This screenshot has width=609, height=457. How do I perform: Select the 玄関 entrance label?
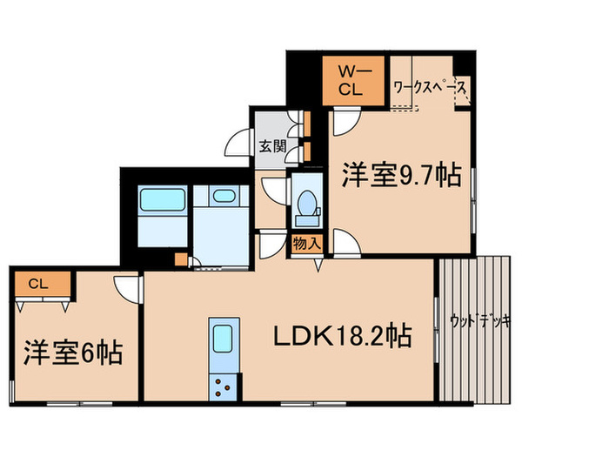click(x=267, y=146)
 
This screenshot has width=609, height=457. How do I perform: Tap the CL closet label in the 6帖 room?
click(x=36, y=283)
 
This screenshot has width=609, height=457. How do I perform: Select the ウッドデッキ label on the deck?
click(x=480, y=322)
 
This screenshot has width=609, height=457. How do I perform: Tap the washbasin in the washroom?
click(x=224, y=196)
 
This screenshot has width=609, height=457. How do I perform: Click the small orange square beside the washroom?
click(x=180, y=258)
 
